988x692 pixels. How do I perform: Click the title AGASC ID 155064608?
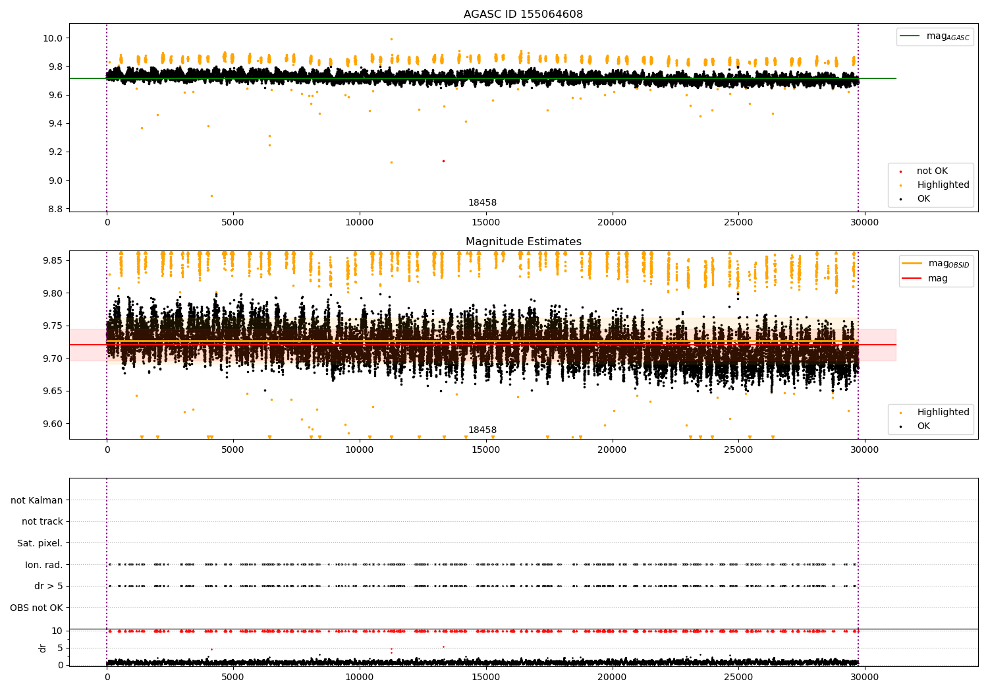coord(523,14)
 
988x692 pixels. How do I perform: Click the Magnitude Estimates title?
coord(523,242)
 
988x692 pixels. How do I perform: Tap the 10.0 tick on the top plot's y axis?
coord(53,38)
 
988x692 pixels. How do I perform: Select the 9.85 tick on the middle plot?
coord(51,261)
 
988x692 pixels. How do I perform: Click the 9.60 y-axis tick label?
coord(51,424)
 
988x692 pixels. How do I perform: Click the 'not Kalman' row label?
coord(37,500)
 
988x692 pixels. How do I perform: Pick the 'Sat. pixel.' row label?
coord(40,543)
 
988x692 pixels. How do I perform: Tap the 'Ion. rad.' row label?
coord(43,565)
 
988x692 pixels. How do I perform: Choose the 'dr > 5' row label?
coord(48,586)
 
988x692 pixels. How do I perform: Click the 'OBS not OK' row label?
coord(36,608)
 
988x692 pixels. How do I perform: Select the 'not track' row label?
coord(42,521)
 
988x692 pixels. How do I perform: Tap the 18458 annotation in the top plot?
coord(482,203)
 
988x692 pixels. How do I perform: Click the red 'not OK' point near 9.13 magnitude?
coord(443,161)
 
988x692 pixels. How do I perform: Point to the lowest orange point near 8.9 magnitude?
coord(211,196)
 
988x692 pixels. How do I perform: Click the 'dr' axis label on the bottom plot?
coord(43,648)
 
